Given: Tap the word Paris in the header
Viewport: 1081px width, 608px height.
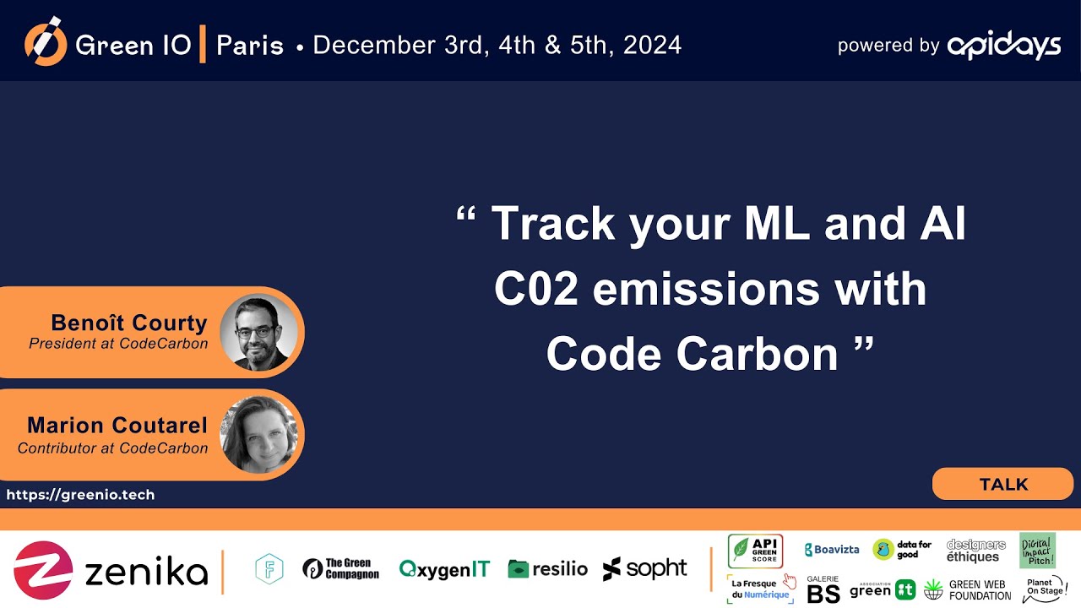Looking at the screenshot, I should pyautogui.click(x=250, y=46).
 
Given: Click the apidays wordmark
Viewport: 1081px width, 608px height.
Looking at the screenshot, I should pyautogui.click(x=1003, y=46).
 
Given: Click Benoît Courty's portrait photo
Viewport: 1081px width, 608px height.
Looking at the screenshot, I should pyautogui.click(x=258, y=333).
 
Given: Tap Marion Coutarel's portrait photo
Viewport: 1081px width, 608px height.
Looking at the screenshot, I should pyautogui.click(x=258, y=435).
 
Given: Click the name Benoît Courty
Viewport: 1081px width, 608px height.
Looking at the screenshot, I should pyautogui.click(x=128, y=323).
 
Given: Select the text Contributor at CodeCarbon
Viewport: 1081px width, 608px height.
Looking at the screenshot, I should pyautogui.click(x=112, y=448).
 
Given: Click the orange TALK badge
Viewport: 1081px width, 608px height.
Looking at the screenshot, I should pyautogui.click(x=1002, y=485).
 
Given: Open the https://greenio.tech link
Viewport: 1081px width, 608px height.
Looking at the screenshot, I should pyautogui.click(x=80, y=495).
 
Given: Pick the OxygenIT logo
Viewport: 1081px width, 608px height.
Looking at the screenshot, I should pyautogui.click(x=443, y=569).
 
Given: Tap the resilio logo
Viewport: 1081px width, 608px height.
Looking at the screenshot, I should pyautogui.click(x=547, y=569).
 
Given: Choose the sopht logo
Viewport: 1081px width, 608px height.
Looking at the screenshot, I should pyautogui.click(x=644, y=569).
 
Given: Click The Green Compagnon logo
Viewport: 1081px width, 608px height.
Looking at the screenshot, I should pyautogui.click(x=340, y=569).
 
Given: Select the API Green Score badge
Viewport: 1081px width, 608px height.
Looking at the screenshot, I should pyautogui.click(x=755, y=551).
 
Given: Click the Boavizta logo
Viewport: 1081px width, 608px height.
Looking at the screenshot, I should pyautogui.click(x=832, y=550).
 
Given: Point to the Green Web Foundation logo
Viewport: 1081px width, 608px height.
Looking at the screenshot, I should pyautogui.click(x=967, y=589).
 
